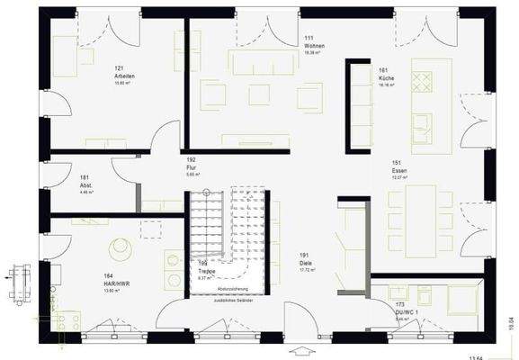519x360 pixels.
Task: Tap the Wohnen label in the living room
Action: click(x=313, y=45)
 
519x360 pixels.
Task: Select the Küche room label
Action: click(x=388, y=78)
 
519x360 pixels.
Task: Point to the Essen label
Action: click(x=400, y=170)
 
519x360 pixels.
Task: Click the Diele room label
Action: click(x=306, y=262)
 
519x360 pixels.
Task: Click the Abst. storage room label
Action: click(x=86, y=184)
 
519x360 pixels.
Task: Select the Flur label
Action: click(x=191, y=167)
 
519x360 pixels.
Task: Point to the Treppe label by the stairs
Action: click(x=205, y=270)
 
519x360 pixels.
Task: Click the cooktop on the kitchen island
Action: click(x=422, y=80)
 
